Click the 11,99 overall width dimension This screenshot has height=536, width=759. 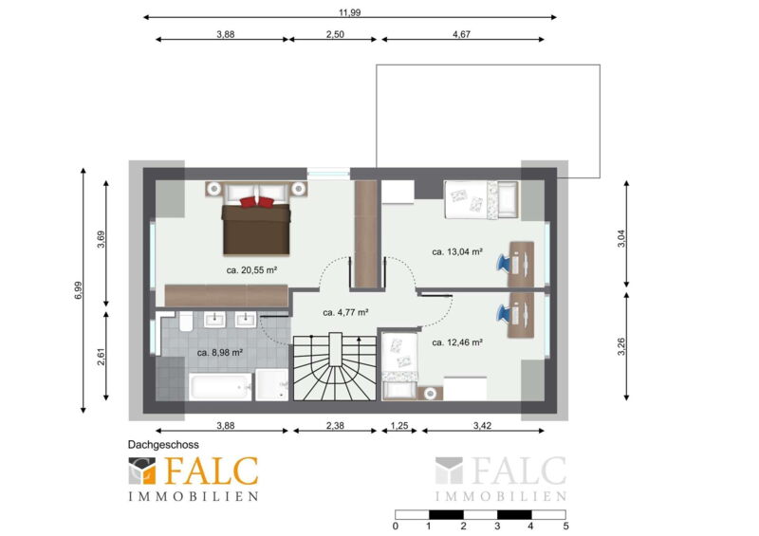[349, 12]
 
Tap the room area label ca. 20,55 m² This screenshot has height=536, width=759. [251, 270]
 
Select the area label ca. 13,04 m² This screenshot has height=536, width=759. [457, 251]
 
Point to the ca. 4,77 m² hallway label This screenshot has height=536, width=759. [345, 313]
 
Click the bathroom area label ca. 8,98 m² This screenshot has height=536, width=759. [220, 353]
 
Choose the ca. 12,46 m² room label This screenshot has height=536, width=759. [457, 342]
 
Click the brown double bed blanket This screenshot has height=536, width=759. [256, 229]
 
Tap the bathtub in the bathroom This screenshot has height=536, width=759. [220, 386]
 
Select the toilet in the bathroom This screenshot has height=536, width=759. [186, 321]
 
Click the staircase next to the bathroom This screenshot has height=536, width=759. [335, 366]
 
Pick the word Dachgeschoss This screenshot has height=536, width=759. [163, 445]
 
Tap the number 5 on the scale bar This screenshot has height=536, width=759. [565, 526]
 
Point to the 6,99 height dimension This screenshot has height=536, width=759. [79, 290]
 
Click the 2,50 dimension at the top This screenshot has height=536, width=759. [335, 34]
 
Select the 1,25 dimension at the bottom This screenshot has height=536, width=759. [399, 426]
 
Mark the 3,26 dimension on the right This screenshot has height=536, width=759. [621, 346]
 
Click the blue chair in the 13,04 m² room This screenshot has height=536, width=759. [504, 263]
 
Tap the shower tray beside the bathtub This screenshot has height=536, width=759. [272, 385]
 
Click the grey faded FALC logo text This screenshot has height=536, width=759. [518, 471]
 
